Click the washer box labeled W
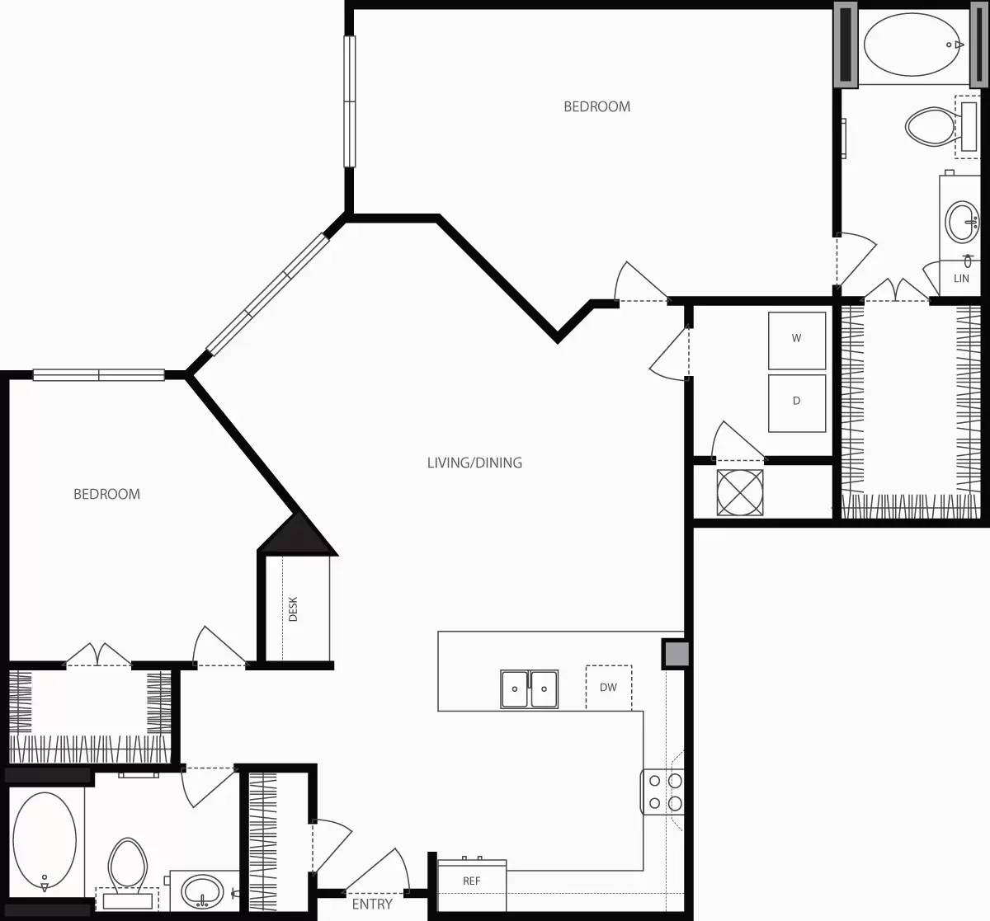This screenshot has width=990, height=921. [x=796, y=340]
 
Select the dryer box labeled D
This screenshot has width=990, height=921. [x=796, y=402]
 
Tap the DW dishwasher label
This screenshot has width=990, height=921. [x=608, y=688]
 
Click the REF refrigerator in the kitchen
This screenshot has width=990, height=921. [x=471, y=881]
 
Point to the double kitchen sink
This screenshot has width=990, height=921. [x=529, y=689]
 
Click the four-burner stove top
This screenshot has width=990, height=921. [x=664, y=792]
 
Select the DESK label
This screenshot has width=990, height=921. [x=293, y=609]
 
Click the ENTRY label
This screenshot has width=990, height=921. [x=372, y=905]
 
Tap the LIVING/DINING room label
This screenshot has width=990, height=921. [x=474, y=463]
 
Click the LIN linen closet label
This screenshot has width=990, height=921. [x=961, y=279]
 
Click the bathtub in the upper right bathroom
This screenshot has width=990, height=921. [x=912, y=45]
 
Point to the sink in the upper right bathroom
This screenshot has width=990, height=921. [x=962, y=222]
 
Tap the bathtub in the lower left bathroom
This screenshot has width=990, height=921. [x=45, y=841]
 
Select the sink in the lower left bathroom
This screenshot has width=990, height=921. [x=202, y=891]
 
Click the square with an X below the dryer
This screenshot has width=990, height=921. [x=740, y=492]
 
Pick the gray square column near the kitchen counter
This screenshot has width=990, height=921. [x=676, y=654]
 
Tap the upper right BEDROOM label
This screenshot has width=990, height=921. [x=596, y=106]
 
